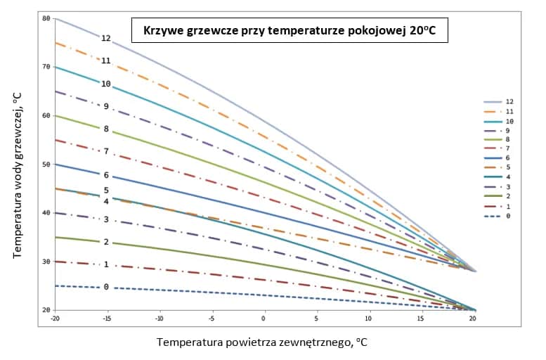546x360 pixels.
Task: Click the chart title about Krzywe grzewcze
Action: pos(290,31)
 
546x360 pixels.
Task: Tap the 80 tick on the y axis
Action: pos(46,18)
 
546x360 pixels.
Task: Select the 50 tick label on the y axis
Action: pos(46,165)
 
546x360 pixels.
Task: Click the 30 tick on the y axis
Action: pos(46,262)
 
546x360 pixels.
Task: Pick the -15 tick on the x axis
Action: pos(107,318)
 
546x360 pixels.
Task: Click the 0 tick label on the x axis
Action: pos(264,318)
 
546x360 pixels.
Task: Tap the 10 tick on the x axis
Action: pos(368,318)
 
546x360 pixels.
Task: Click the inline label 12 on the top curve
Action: pos(106,39)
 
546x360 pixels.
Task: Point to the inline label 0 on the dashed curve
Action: pos(106,287)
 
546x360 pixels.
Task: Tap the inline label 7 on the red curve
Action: pos(106,151)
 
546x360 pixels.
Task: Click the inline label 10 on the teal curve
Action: pos(106,84)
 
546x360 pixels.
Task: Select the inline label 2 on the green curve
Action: pos(106,242)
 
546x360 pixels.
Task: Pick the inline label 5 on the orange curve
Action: pos(106,191)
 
